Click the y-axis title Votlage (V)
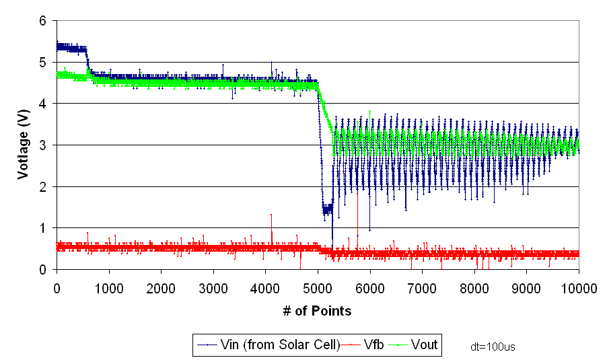pos(24,145)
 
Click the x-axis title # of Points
pos(318,311)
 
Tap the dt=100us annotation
pos(493,347)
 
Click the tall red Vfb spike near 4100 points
pos(271,215)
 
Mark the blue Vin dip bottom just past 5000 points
pos(326,209)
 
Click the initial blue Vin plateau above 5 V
pos(71,48)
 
